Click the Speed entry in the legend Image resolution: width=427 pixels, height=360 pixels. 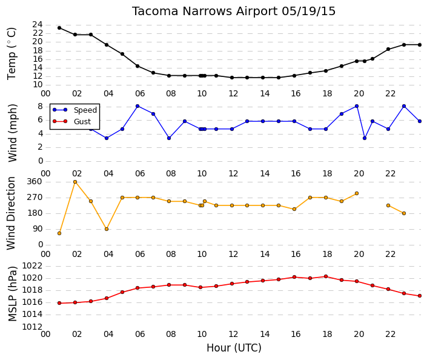click(85, 110)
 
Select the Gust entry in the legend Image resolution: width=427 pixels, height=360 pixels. click(82, 122)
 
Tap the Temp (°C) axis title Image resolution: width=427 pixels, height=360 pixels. click(12, 54)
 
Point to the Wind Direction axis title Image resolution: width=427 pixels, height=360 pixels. click(11, 213)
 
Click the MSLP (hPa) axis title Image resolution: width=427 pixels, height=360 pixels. click(13, 294)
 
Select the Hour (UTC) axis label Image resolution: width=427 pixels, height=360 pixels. click(234, 348)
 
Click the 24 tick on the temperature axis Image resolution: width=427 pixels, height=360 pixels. click(38, 25)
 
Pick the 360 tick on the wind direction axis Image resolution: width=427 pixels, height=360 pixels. click(35, 182)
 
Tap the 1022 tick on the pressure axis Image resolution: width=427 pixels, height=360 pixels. click(32, 265)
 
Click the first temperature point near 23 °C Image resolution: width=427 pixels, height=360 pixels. click(59, 28)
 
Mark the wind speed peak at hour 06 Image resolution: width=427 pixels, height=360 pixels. click(137, 106)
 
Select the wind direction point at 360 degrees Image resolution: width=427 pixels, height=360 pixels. click(75, 182)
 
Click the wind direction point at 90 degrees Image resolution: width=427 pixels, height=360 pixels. click(107, 229)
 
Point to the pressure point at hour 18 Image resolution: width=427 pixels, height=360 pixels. click(326, 276)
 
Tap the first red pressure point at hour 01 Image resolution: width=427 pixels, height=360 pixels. click(59, 303)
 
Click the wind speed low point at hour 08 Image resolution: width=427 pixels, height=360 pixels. click(169, 138)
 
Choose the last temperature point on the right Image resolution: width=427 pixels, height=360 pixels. click(420, 45)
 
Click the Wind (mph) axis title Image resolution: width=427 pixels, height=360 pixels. click(13, 133)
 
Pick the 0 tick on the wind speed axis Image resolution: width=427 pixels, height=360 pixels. click(41, 161)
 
